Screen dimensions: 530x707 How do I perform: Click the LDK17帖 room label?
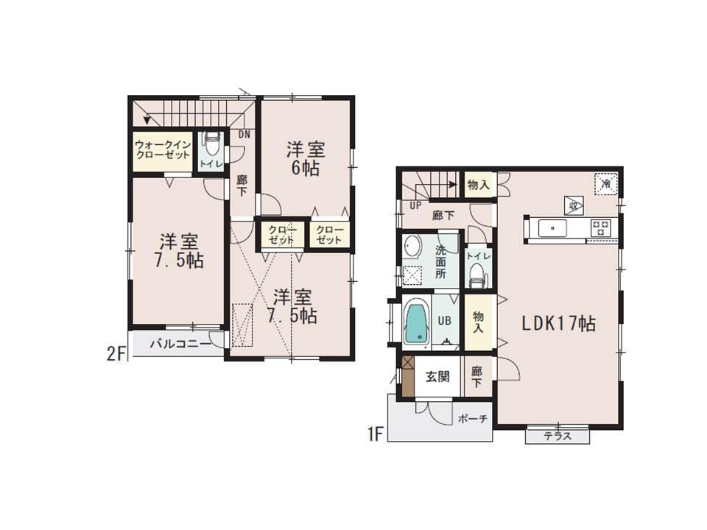(558, 322)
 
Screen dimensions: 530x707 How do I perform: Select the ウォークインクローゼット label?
(163, 151)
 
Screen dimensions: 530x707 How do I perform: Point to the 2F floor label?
(116, 353)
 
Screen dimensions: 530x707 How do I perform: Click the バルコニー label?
(175, 343)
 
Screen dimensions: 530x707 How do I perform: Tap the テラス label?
(557, 436)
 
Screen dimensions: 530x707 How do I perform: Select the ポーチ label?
(472, 418)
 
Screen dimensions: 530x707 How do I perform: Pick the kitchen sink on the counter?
(552, 228)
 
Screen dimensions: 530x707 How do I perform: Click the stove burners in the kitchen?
(600, 228)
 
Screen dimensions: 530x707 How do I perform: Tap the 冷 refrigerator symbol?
(605, 184)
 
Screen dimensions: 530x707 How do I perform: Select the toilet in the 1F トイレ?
(476, 274)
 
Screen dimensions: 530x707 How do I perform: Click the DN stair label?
(245, 135)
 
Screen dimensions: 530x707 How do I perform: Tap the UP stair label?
(415, 205)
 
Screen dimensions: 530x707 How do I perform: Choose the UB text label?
(445, 322)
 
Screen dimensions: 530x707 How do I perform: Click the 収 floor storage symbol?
(572, 204)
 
